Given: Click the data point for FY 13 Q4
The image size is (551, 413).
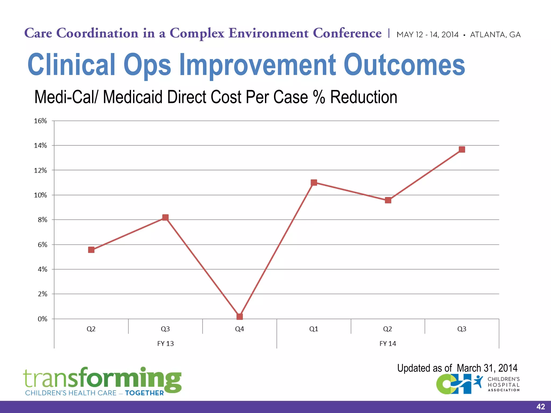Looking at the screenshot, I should (x=239, y=316).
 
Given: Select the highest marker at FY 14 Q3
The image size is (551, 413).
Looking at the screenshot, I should (x=462, y=149).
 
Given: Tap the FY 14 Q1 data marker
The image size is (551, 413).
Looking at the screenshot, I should (x=314, y=183).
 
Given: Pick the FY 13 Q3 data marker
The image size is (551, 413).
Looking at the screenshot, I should (x=165, y=217).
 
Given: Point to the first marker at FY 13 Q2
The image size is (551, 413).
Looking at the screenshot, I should (x=91, y=250).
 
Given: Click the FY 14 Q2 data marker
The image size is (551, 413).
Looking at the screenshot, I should (x=388, y=200).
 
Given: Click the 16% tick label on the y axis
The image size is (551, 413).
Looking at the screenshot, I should (x=40, y=121).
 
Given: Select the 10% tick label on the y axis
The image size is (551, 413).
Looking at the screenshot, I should (x=40, y=195).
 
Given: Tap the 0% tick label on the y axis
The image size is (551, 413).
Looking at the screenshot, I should (x=42, y=319).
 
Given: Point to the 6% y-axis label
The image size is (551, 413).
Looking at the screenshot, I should (x=42, y=245).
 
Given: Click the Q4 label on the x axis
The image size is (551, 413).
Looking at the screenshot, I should (x=239, y=329).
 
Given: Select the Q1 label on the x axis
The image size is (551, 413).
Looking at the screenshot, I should (x=314, y=329).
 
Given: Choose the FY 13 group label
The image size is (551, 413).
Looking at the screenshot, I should (x=165, y=344).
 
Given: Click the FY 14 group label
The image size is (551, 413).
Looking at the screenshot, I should (x=388, y=344).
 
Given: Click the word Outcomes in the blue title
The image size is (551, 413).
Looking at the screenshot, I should (x=404, y=65).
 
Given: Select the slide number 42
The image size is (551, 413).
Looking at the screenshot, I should (x=541, y=407).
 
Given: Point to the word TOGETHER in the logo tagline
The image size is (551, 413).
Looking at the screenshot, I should (x=144, y=393).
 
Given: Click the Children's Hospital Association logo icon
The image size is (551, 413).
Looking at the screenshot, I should (x=459, y=384).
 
